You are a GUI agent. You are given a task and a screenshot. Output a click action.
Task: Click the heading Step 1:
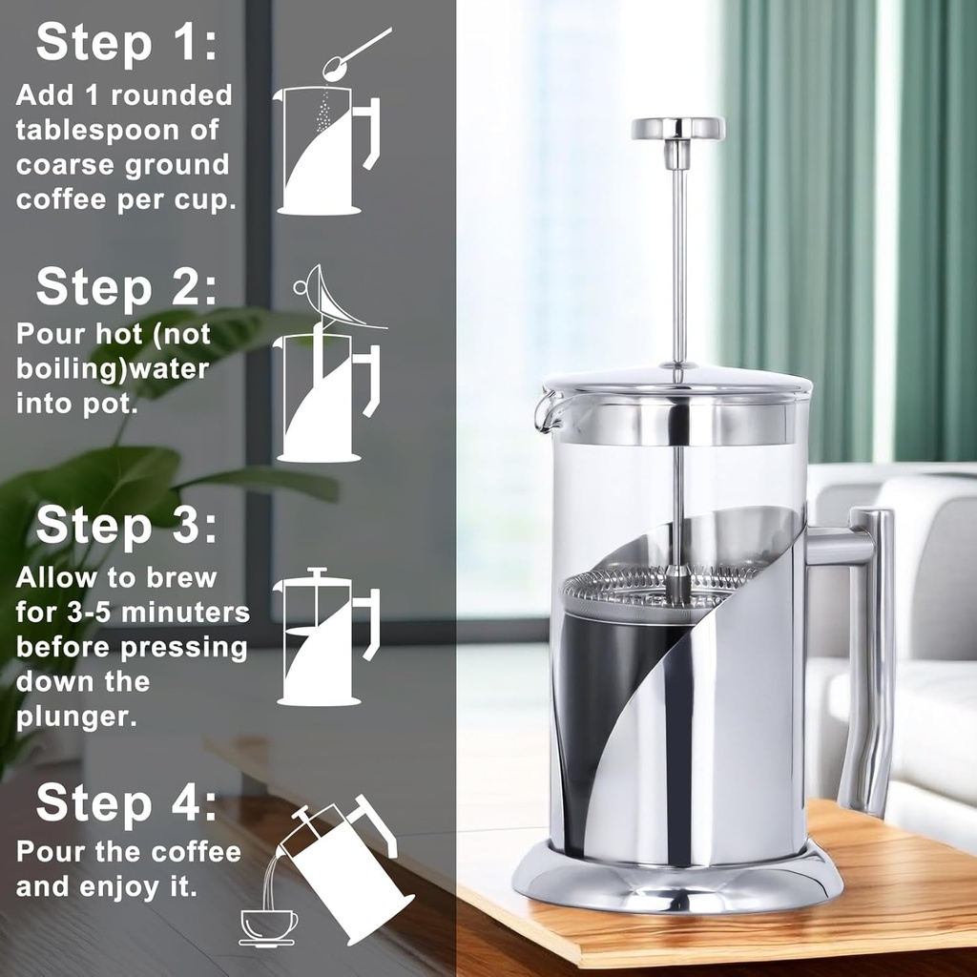point(126,45)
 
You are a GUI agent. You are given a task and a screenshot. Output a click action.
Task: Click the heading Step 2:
point(126,287)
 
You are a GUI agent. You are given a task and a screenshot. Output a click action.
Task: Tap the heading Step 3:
point(126,527)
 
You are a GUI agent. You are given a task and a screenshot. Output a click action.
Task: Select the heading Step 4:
point(126,804)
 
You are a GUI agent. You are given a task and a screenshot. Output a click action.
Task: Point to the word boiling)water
point(113,369)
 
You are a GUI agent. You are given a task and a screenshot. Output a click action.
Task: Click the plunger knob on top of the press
point(677,129)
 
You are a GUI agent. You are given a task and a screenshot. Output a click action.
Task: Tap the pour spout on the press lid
point(546,410)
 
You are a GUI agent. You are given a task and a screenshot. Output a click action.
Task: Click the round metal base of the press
point(677,883)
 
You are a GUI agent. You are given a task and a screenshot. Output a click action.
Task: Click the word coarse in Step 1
point(65,165)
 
